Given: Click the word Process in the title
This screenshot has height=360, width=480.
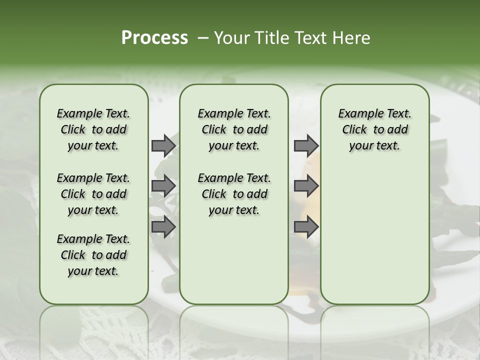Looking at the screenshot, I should [x=154, y=38].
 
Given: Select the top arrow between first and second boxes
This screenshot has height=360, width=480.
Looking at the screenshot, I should [x=163, y=146].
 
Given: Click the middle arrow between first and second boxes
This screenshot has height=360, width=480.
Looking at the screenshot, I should [x=163, y=186].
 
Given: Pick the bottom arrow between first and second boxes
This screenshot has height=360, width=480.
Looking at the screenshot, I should [x=163, y=226].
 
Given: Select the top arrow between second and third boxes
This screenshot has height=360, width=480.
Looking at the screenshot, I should [x=306, y=146].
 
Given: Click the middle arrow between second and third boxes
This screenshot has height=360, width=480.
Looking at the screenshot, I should [x=306, y=186].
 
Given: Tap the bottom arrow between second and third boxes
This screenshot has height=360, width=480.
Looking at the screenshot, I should [x=306, y=226].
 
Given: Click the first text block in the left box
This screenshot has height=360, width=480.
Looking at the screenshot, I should [x=93, y=129].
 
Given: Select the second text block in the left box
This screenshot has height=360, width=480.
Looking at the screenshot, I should [x=93, y=194].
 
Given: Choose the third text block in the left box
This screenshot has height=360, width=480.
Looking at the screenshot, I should [x=93, y=255].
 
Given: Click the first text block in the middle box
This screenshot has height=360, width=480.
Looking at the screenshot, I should [x=234, y=129].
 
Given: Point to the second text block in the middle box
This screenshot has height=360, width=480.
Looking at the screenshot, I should [x=234, y=194].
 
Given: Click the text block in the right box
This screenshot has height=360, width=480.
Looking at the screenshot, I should [x=374, y=129].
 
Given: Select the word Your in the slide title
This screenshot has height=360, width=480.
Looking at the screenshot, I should [x=231, y=38].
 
